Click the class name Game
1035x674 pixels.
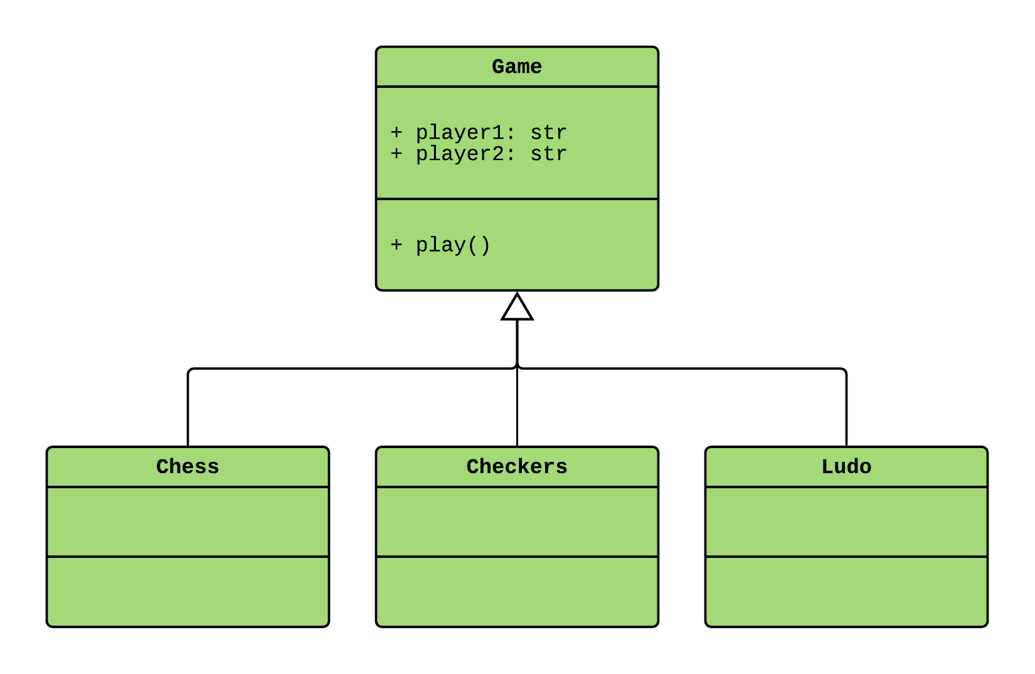click(x=516, y=67)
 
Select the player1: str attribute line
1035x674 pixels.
click(x=478, y=132)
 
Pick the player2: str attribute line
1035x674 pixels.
click(x=478, y=154)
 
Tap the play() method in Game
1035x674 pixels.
click(x=440, y=245)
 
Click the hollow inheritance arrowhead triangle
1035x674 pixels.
click(x=517, y=308)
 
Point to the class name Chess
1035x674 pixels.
click(x=188, y=466)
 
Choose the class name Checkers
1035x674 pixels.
click(x=516, y=466)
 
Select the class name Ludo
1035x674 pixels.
click(x=846, y=466)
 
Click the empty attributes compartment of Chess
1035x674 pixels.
click(x=188, y=522)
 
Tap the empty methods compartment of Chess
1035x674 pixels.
click(x=188, y=591)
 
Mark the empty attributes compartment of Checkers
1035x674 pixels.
click(x=517, y=522)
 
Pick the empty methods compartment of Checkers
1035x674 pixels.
click(x=517, y=591)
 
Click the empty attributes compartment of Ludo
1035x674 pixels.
click(x=846, y=522)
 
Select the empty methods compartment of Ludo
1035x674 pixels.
click(x=846, y=591)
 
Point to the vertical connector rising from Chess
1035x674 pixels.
click(x=188, y=408)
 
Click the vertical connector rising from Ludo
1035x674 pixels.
click(x=846, y=408)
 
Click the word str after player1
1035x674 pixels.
click(x=548, y=132)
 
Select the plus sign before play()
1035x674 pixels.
click(x=396, y=244)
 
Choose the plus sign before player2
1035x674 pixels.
click(x=396, y=154)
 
